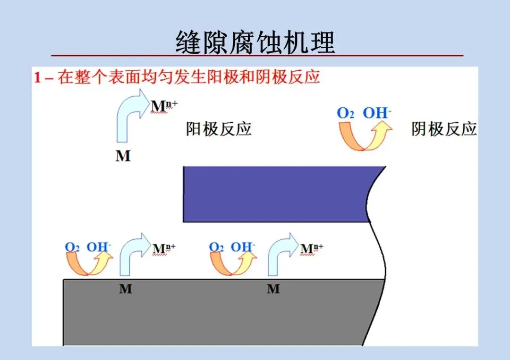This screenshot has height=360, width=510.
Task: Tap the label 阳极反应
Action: [x=218, y=129]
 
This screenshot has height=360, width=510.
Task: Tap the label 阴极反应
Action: [x=444, y=129]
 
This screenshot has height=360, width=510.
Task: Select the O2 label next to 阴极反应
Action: [x=345, y=113]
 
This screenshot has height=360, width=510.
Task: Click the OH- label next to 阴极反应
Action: [x=377, y=113]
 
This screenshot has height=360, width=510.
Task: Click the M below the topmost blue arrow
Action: [x=123, y=156]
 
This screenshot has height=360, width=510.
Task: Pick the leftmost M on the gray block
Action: [x=125, y=289]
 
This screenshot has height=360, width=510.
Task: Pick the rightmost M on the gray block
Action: [x=273, y=289]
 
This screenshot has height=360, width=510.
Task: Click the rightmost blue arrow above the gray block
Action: [x=280, y=255]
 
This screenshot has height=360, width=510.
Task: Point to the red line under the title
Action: [x=257, y=56]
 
